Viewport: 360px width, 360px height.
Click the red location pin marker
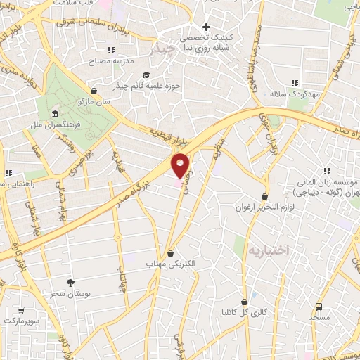[x=181, y=165]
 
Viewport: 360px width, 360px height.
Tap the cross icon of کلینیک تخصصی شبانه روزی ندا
[x=206, y=27]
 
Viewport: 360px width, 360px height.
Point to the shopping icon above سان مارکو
[x=94, y=91]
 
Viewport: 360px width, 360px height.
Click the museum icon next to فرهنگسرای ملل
[x=54, y=114]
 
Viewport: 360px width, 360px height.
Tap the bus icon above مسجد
[x=318, y=307]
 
